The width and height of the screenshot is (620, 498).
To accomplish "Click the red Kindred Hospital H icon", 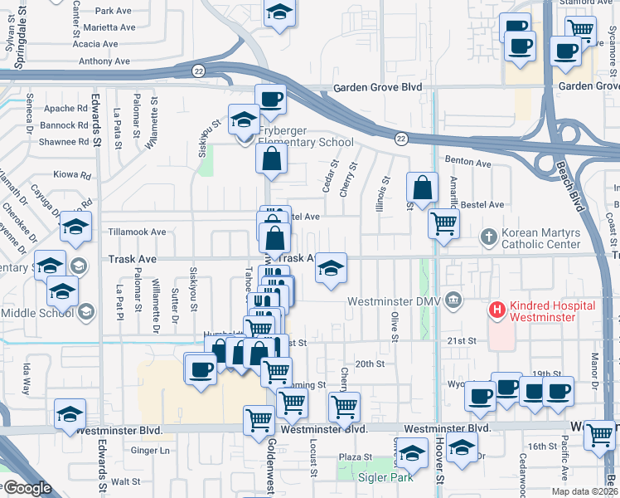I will point(497,310).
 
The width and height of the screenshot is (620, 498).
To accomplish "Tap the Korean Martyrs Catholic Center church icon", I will point(489,238).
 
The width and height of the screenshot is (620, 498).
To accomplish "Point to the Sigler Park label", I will point(369,476).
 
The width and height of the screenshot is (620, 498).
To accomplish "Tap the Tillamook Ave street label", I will point(137,232).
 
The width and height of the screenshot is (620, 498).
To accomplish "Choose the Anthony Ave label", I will point(104,61).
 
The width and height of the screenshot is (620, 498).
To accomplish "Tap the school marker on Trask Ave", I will point(331,267).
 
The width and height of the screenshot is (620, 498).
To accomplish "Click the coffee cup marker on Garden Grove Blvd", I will point(271,100).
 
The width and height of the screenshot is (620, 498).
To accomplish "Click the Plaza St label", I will point(356,457).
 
